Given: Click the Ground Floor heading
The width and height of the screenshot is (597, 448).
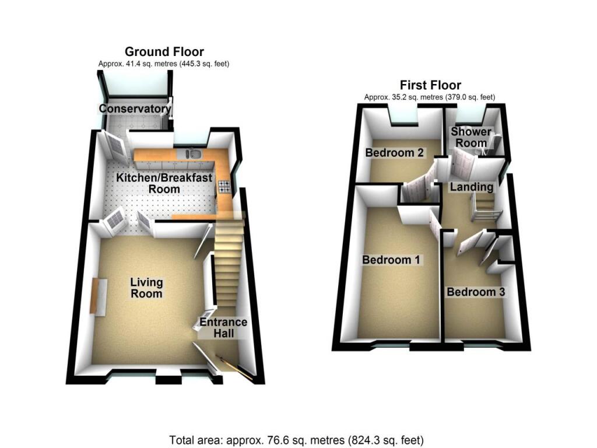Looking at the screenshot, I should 164,52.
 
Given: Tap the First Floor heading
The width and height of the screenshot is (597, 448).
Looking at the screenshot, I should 430,86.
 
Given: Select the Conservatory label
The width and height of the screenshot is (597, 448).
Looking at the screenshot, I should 135,108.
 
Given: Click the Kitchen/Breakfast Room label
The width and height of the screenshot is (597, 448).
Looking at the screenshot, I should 164,183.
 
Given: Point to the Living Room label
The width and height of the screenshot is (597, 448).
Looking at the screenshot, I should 146,288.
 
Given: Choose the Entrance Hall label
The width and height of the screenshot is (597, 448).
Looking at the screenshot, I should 223,327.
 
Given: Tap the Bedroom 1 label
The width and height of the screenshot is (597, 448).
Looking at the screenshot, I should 391,260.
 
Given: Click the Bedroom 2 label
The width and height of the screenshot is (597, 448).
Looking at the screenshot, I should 394,153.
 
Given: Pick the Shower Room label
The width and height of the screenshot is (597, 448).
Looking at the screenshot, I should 471,137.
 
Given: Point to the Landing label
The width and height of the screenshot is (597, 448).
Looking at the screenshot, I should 471,187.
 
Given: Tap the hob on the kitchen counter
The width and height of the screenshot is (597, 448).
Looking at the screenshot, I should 224,187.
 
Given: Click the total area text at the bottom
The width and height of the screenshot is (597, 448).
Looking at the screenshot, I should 296,439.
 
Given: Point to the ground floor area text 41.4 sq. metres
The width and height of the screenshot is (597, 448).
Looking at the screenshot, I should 164,64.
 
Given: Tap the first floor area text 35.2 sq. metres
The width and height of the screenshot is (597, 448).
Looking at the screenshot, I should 430,97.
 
